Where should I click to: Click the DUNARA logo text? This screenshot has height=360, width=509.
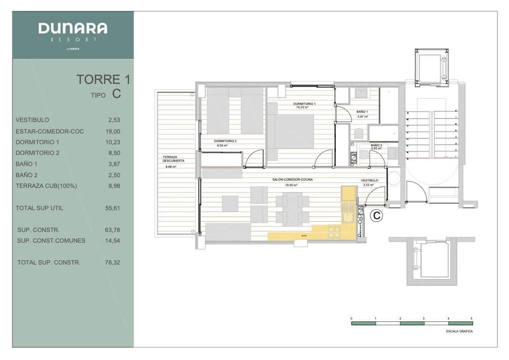(x=73, y=29)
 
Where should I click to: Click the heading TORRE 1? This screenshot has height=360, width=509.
(x=103, y=79)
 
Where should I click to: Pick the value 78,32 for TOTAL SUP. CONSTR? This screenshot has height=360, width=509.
(x=113, y=262)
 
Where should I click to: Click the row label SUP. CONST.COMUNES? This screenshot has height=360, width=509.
(x=51, y=241)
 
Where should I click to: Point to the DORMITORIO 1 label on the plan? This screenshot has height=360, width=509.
(x=304, y=104)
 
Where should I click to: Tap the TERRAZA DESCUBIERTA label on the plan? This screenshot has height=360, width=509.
(x=173, y=159)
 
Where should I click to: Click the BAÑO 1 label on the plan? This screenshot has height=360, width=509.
(x=362, y=112)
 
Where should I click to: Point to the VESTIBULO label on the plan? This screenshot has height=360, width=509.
(x=369, y=181)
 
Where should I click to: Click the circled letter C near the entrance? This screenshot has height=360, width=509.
(x=376, y=216)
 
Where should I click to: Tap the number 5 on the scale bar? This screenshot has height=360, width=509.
(x=471, y=318)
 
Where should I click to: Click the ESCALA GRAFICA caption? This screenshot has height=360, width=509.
(x=459, y=331)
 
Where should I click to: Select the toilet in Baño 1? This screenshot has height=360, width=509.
(x=358, y=134)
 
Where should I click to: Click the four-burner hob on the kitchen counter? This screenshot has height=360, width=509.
(x=334, y=232)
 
